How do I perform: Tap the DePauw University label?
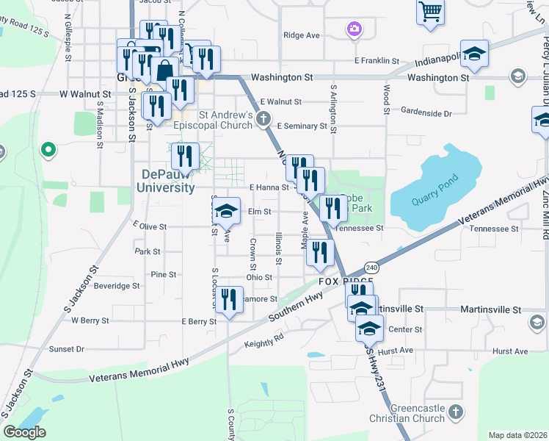[x=166, y=181]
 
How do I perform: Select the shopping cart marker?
[x=430, y=10]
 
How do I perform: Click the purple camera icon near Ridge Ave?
[x=354, y=29]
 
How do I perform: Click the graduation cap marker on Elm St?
[x=227, y=212]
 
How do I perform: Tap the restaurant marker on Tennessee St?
[x=333, y=209]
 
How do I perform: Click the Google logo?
[x=24, y=431]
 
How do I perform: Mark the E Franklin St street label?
[x=377, y=61]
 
